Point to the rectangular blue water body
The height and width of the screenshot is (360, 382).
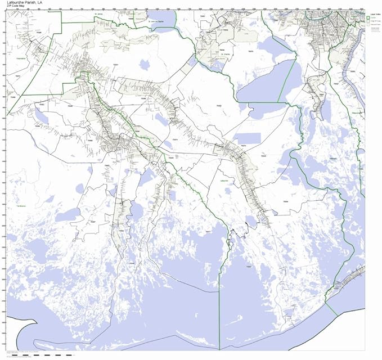point(248,138)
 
